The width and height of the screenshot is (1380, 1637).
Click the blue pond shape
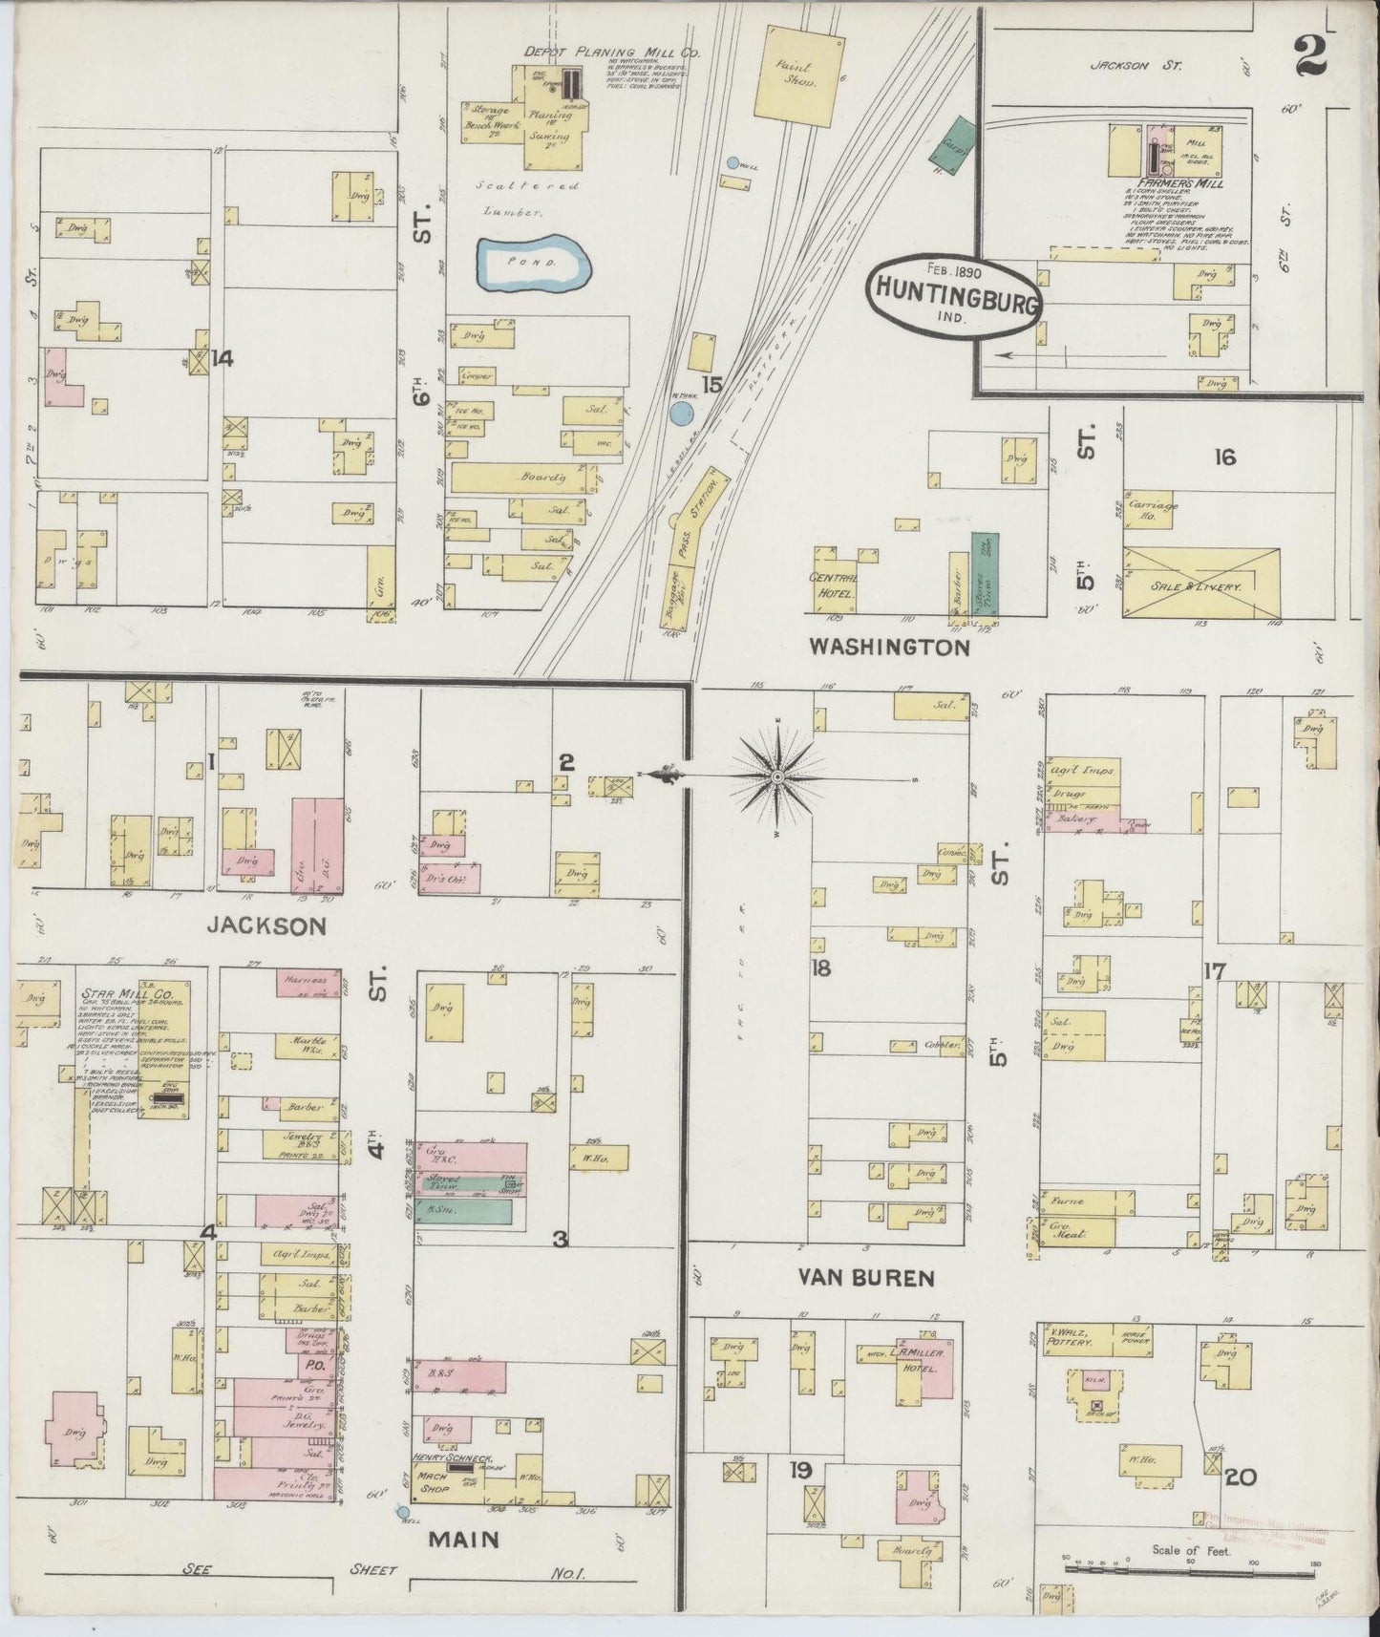coord(532,262)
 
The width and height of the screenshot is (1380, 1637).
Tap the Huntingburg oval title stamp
coord(955,298)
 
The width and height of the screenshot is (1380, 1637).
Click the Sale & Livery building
coord(1200,582)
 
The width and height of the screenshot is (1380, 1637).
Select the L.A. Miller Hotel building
coord(915,1361)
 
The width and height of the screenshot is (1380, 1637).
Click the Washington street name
coord(889,648)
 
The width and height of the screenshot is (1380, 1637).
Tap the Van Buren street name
coord(867,1277)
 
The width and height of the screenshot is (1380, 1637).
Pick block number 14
coord(223,358)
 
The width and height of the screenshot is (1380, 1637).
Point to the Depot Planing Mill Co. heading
coord(611,53)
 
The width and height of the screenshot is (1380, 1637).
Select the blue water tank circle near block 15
coord(680,413)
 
